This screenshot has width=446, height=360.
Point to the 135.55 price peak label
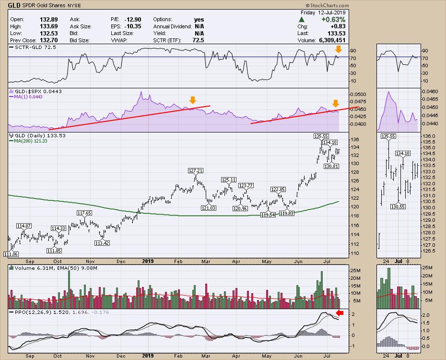tap(321, 136)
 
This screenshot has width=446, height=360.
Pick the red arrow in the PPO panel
tap(340, 313)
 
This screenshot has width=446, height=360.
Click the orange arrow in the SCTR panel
tap(339, 49)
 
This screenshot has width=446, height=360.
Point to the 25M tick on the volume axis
tap(356, 270)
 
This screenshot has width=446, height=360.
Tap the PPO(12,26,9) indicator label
tap(28, 312)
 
